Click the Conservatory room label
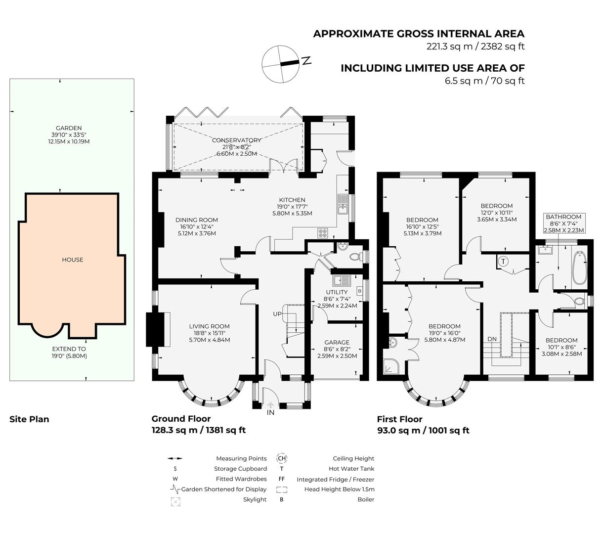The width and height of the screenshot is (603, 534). tap(236, 140)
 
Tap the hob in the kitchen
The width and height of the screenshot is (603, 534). tap(323, 233)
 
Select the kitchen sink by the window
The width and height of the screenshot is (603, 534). tap(343, 204)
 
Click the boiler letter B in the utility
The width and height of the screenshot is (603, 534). tap(359, 291)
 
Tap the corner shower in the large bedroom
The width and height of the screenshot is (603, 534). tap(394, 366)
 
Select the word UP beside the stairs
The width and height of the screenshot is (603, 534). tap(278, 314)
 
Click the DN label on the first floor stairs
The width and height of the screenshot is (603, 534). tap(492, 339)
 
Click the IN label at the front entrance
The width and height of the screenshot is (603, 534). tap(270, 412)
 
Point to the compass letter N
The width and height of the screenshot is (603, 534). tap(306, 61)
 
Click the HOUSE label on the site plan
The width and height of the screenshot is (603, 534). tap(72, 260)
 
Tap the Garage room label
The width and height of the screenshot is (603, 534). tap(337, 342)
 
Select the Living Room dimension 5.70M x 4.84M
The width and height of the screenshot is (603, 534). tap(209, 340)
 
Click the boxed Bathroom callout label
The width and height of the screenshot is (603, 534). tap(563, 223)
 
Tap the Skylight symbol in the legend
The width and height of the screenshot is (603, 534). tap(175, 501)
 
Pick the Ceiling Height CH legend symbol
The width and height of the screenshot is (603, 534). tap(282, 458)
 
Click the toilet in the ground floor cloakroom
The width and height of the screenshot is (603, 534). tap(354, 257)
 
